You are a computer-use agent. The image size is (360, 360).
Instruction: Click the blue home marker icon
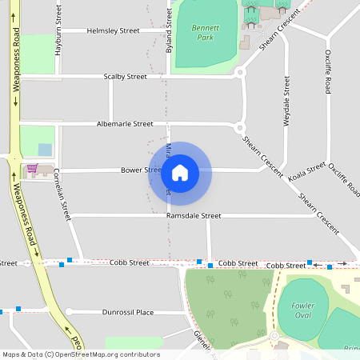coord(180,172)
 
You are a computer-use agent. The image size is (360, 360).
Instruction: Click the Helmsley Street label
coord(113,30)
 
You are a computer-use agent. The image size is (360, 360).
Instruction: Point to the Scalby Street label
coord(126,77)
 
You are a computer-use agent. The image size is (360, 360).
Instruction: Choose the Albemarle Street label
coord(125,124)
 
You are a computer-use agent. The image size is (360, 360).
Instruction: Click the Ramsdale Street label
coord(194,216)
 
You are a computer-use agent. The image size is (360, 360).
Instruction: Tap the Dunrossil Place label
coord(122,312)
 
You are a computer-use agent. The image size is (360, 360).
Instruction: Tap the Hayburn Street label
coord(58,28)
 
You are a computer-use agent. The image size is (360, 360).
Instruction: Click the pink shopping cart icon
coord(32,169)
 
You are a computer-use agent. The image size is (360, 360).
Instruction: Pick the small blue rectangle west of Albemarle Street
coord(44,150)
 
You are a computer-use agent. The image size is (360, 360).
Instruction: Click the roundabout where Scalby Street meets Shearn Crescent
coord(239,72)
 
